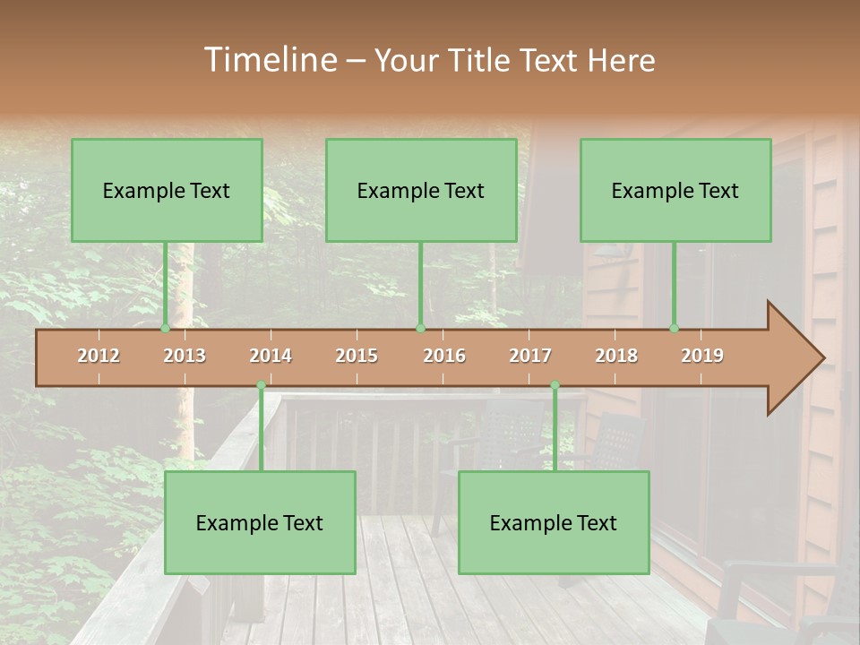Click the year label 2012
click(99, 356)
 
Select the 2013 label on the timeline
click(185, 356)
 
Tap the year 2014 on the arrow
click(271, 356)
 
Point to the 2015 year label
click(357, 356)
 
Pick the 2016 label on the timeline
click(444, 356)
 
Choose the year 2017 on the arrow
click(530, 356)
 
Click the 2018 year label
click(616, 356)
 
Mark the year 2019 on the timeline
click(702, 356)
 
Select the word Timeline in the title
click(269, 60)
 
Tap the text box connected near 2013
click(167, 190)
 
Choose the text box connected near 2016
click(421, 190)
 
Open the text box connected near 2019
click(675, 190)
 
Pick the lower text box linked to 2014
click(260, 522)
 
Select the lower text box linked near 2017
click(554, 522)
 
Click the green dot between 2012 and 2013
click(166, 328)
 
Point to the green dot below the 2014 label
click(261, 385)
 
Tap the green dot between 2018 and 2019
click(675, 328)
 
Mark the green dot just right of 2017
click(555, 385)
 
